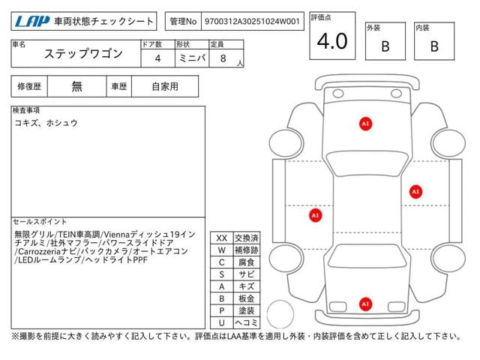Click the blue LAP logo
pos(32,22)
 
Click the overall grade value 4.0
pos(332,41)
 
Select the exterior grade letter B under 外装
pos(385,46)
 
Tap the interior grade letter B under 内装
pos(434,46)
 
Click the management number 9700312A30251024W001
pos(252,22)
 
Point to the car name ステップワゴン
pos(83,54)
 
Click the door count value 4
pos(157,58)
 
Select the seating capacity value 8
pos(223,58)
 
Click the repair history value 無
pos(76,87)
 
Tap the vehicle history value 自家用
pos(165,87)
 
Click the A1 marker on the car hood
pos(365,124)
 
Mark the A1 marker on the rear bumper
pos(365,304)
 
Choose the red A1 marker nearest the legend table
pos(315,215)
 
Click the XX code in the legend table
pos(222,238)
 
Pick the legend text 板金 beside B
pos(247,298)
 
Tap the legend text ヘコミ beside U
pos(247,322)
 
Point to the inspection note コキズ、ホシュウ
pos(46,123)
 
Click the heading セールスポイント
pos(40,222)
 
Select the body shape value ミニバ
pos(192,58)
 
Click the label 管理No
pos(183,22)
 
